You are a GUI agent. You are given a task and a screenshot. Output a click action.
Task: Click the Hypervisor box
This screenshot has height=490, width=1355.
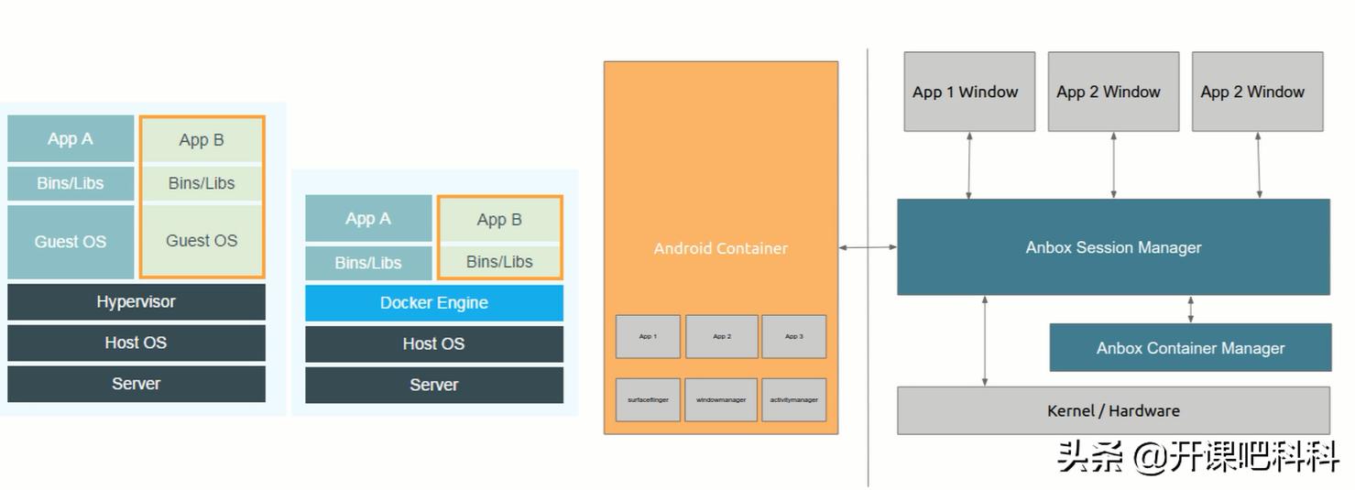click(x=136, y=301)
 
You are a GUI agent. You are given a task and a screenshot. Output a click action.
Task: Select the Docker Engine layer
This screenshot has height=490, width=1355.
click(x=433, y=303)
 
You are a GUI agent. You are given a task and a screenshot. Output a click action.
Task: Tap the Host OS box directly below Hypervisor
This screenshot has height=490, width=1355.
click(x=136, y=343)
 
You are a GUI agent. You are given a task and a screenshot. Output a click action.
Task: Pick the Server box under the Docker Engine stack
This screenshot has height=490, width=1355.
click(x=433, y=385)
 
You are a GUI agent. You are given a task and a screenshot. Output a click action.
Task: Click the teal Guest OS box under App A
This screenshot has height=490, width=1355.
click(x=71, y=242)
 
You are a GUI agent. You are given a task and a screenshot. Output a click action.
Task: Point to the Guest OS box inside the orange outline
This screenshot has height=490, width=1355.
click(x=202, y=241)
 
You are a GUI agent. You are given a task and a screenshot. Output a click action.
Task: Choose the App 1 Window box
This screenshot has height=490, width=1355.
click(x=968, y=92)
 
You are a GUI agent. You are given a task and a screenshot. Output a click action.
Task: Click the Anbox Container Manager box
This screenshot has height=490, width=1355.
click(x=1189, y=348)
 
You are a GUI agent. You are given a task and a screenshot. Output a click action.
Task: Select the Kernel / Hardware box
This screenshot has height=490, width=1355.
click(x=1112, y=411)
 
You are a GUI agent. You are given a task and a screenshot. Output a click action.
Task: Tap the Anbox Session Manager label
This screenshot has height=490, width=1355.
click(x=1112, y=247)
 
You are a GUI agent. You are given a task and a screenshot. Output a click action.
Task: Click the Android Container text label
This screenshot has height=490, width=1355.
click(x=720, y=248)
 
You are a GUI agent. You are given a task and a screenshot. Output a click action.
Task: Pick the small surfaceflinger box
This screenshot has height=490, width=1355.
click(x=648, y=400)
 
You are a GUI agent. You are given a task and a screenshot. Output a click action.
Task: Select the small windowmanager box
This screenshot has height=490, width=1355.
click(x=721, y=400)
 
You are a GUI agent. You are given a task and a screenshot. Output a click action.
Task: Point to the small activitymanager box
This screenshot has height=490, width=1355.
click(x=793, y=400)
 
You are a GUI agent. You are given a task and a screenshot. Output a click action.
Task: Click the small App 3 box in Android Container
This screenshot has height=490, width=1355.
click(x=793, y=337)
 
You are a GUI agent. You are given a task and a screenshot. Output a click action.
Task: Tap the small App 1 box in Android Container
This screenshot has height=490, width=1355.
click(x=648, y=337)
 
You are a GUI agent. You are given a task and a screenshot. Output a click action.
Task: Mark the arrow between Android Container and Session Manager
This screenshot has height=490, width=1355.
click(x=868, y=247)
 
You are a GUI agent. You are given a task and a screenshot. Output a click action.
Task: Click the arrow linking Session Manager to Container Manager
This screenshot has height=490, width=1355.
click(x=1190, y=310)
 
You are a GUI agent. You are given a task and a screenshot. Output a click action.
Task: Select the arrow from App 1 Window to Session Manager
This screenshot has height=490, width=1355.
click(x=968, y=165)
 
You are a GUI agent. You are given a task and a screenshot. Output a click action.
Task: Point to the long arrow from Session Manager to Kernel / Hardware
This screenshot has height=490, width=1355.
click(x=985, y=341)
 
